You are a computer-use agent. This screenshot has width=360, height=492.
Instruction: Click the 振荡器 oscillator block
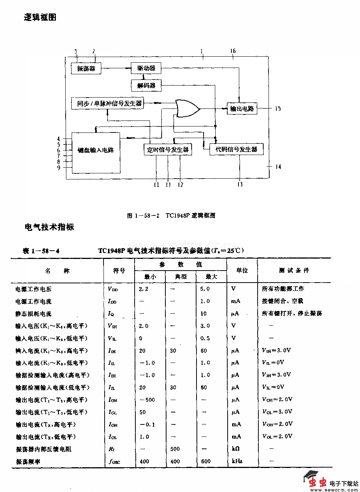tap(86, 68)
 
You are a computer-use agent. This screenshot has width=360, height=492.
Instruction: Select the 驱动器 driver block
tap(146, 68)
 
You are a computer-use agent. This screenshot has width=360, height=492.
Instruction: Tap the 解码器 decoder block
tap(146, 85)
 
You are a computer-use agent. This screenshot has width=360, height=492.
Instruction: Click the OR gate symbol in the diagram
tap(187, 108)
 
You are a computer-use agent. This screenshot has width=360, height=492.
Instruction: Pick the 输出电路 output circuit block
tap(242, 108)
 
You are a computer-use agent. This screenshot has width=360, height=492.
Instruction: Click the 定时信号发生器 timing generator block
tap(168, 149)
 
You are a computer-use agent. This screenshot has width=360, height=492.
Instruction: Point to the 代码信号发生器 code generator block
tap(236, 149)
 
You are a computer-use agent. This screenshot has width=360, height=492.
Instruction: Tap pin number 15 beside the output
tap(277, 108)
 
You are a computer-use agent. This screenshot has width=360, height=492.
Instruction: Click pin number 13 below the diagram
tap(240, 184)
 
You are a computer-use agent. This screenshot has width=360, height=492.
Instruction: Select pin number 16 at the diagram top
tap(233, 51)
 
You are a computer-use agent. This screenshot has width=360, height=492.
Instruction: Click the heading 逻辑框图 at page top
tap(40, 17)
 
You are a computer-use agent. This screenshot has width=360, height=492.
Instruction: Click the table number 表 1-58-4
tap(41, 251)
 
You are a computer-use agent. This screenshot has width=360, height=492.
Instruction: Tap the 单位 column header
tap(242, 270)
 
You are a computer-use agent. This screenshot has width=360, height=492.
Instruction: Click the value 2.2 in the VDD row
tap(143, 289)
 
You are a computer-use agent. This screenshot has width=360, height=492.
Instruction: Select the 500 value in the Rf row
tap(175, 449)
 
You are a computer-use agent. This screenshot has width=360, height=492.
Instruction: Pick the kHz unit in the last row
tap(237, 461)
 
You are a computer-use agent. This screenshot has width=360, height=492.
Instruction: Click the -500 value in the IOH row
tap(147, 400)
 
